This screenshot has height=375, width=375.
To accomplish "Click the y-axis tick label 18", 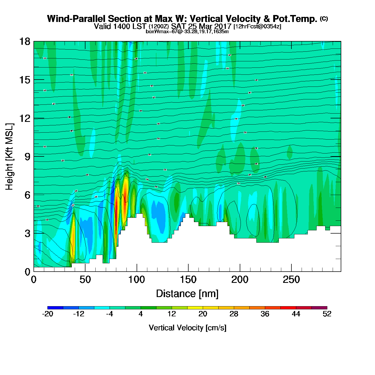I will point(24,42).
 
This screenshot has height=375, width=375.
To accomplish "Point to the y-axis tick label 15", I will point(24,80).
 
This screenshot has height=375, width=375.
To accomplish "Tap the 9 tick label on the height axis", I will point(28,157).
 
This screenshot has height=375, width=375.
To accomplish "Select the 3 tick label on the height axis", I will point(28,233).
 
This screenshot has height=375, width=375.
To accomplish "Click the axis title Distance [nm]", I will point(187,294).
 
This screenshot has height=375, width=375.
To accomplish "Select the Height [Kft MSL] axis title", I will point(9,157).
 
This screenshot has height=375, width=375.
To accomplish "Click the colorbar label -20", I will point(48,314).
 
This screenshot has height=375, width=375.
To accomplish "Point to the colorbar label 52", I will point(327,314).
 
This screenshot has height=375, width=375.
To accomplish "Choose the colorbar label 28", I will point(234,314).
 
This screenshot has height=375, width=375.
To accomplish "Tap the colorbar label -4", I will point(110,314).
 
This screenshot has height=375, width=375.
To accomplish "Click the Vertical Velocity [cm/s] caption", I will point(187,328).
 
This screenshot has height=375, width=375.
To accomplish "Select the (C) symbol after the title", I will point(324,18).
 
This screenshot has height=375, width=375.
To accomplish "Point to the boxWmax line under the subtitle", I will point(187,32).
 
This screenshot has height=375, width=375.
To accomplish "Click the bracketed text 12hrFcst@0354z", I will point(257,27).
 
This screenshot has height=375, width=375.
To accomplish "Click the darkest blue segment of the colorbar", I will point(55,308).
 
